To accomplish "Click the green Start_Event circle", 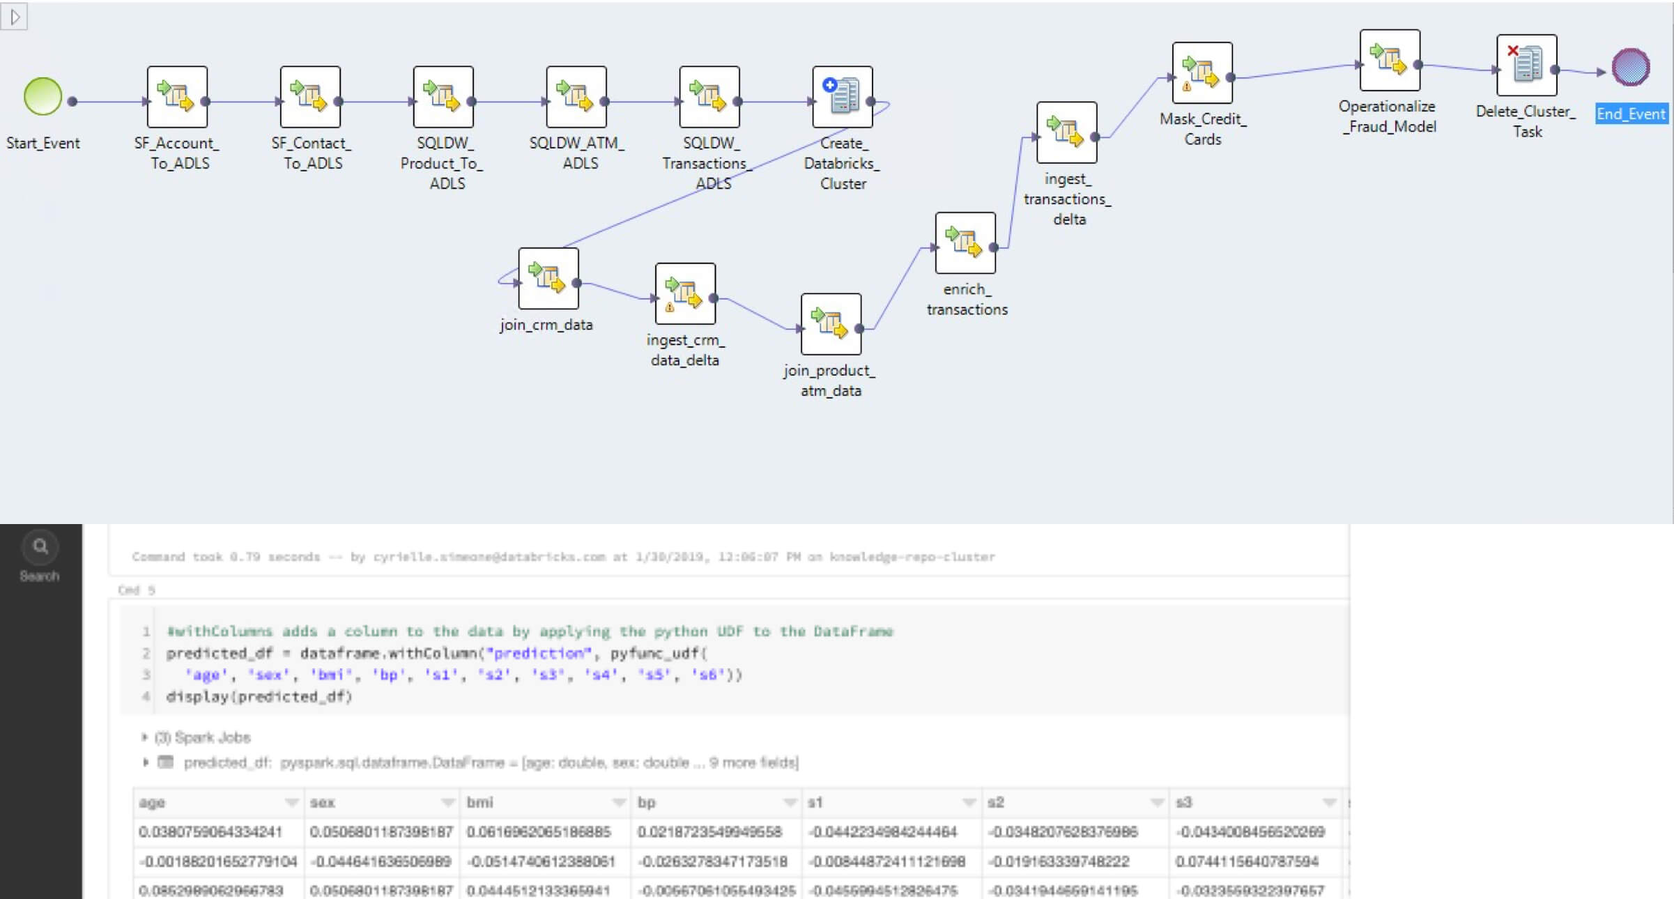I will click(x=43, y=96).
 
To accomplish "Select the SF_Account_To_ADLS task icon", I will click(x=177, y=97).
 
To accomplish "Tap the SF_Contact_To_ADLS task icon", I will click(x=310, y=97).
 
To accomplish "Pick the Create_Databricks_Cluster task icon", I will click(x=842, y=97).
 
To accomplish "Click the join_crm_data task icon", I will click(x=548, y=278).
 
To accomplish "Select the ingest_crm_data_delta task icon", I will click(x=685, y=293).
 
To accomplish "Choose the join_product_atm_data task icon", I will click(x=831, y=324).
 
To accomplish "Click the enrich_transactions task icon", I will click(x=965, y=243).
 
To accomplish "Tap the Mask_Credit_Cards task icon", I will click(x=1202, y=73).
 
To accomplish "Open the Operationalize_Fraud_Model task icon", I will click(x=1390, y=60).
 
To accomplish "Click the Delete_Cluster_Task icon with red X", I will click(x=1526, y=65).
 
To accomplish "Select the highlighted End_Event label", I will click(x=1631, y=114).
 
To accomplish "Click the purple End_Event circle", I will click(x=1631, y=67).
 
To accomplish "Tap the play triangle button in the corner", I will click(x=15, y=17).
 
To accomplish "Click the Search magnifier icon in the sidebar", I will click(x=40, y=546).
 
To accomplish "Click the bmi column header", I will click(x=480, y=803).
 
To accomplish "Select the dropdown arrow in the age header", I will click(x=292, y=803).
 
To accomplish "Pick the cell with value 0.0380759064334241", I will click(x=210, y=832).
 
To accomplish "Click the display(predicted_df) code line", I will click(x=259, y=697).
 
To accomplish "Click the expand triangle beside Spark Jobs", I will click(x=144, y=737).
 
